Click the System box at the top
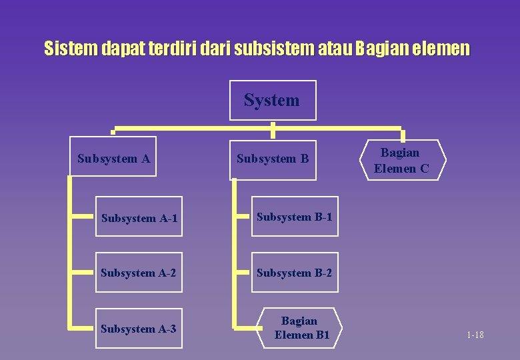coord(273,101)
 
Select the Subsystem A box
coord(113,157)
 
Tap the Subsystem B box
coord(273,159)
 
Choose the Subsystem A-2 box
coord(139,272)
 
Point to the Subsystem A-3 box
coord(139,328)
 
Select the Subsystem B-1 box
coord(294,216)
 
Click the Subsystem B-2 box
coord(294,272)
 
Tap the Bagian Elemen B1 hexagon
coord(301,328)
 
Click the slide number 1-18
coord(475,335)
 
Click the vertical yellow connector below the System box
coord(273,129)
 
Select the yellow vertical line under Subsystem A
coord(69,253)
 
